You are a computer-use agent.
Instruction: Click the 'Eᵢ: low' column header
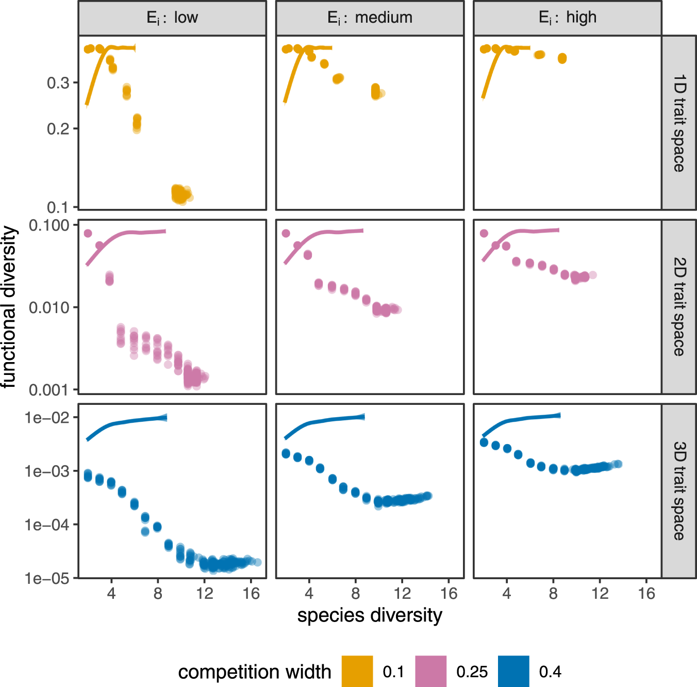(x=172, y=18)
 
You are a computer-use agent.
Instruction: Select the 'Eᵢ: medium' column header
(x=370, y=18)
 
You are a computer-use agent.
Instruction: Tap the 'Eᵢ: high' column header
(x=567, y=18)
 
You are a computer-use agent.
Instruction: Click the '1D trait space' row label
(x=679, y=123)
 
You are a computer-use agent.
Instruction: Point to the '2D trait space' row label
(x=679, y=307)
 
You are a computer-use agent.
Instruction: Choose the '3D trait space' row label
(x=679, y=490)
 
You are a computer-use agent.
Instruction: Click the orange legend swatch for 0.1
(x=357, y=671)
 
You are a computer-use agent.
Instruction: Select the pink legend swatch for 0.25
(x=431, y=671)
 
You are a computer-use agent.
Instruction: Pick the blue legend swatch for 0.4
(x=513, y=671)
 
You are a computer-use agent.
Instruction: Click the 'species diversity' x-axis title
(x=370, y=615)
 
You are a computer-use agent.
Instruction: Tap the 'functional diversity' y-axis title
(x=9, y=307)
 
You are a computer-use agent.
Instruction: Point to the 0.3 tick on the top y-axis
(x=58, y=83)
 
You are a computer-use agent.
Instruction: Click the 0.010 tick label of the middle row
(x=49, y=307)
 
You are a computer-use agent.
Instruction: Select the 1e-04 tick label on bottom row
(x=46, y=525)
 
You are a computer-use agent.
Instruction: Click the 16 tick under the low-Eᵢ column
(x=251, y=594)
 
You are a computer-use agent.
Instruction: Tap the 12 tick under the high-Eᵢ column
(x=600, y=594)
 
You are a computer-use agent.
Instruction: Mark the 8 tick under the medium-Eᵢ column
(x=356, y=594)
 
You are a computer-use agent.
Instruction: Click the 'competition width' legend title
(x=255, y=672)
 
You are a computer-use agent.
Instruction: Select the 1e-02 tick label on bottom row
(x=46, y=417)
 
